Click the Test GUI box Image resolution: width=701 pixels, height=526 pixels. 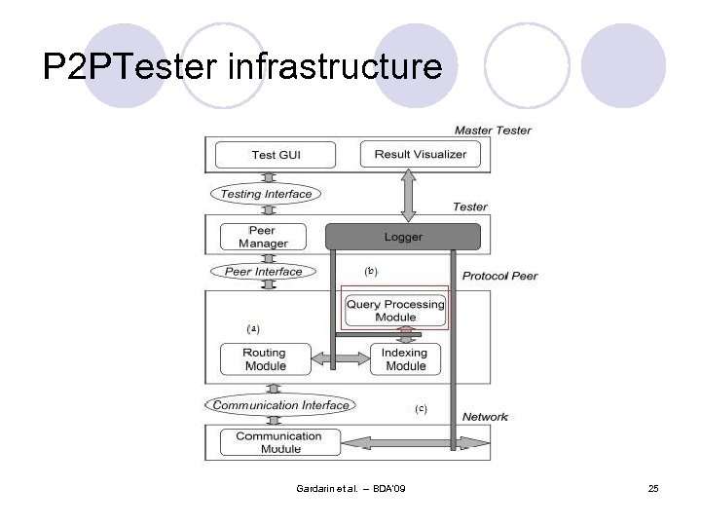click(x=277, y=155)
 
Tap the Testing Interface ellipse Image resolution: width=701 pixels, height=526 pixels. click(x=266, y=194)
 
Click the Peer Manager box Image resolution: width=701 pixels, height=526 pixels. click(x=263, y=237)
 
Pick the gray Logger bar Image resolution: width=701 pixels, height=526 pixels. click(x=403, y=236)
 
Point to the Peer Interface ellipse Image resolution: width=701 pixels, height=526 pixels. click(x=263, y=272)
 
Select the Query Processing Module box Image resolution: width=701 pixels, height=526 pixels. click(x=395, y=310)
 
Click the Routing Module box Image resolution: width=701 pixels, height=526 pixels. click(x=265, y=359)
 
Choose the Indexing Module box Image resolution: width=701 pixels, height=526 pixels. click(x=405, y=359)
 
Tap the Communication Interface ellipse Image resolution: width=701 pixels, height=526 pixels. click(x=280, y=405)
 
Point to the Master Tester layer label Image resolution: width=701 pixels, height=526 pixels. click(x=493, y=131)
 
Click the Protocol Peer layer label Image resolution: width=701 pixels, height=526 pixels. click(x=499, y=276)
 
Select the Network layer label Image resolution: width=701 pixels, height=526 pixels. click(x=485, y=417)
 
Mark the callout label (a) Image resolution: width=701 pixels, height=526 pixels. click(x=253, y=328)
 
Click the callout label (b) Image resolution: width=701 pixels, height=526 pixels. click(x=370, y=270)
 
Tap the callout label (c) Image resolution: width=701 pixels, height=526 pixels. click(x=421, y=409)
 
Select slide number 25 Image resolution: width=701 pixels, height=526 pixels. click(x=653, y=487)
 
